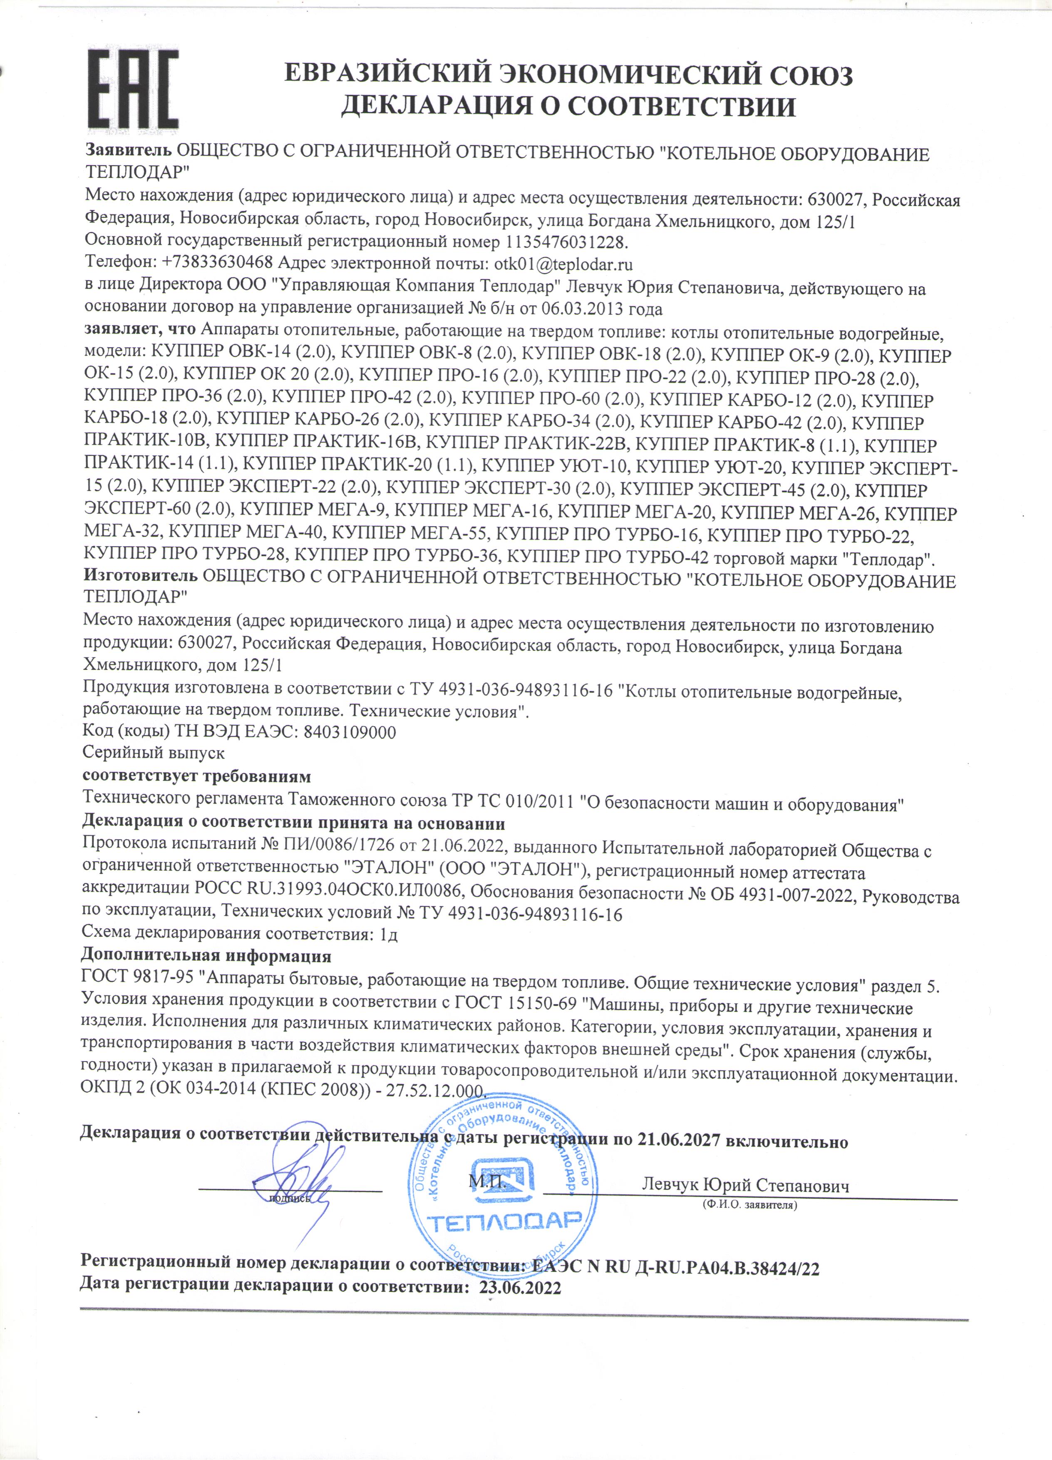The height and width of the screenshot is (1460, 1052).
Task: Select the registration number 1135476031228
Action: point(566,243)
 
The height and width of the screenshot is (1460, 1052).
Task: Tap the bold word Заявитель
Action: point(129,153)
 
